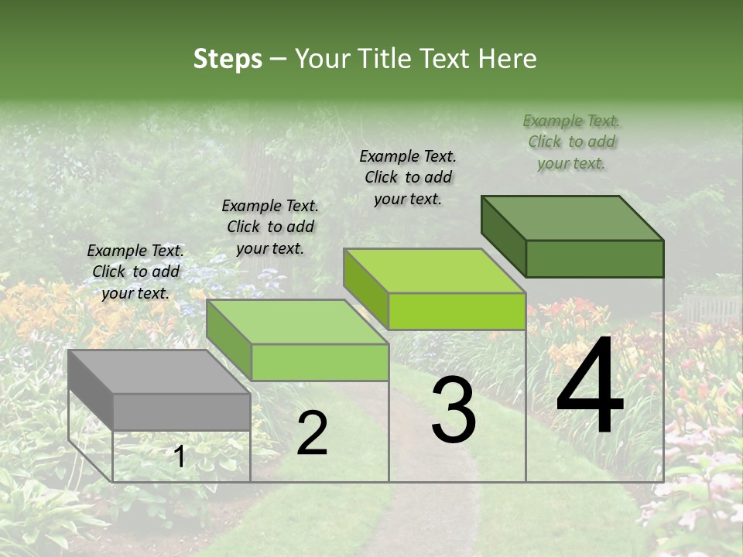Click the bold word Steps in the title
click(x=228, y=60)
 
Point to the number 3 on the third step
click(x=454, y=411)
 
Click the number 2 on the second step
click(x=312, y=434)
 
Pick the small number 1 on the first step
click(x=180, y=457)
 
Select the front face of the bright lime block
click(x=457, y=311)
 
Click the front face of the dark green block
click(x=594, y=258)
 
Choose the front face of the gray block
click(x=182, y=412)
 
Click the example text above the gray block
click(x=135, y=272)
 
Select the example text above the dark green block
click(x=571, y=142)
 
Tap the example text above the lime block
click(x=408, y=177)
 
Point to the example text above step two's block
click(x=270, y=227)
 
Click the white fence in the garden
click(x=710, y=308)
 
